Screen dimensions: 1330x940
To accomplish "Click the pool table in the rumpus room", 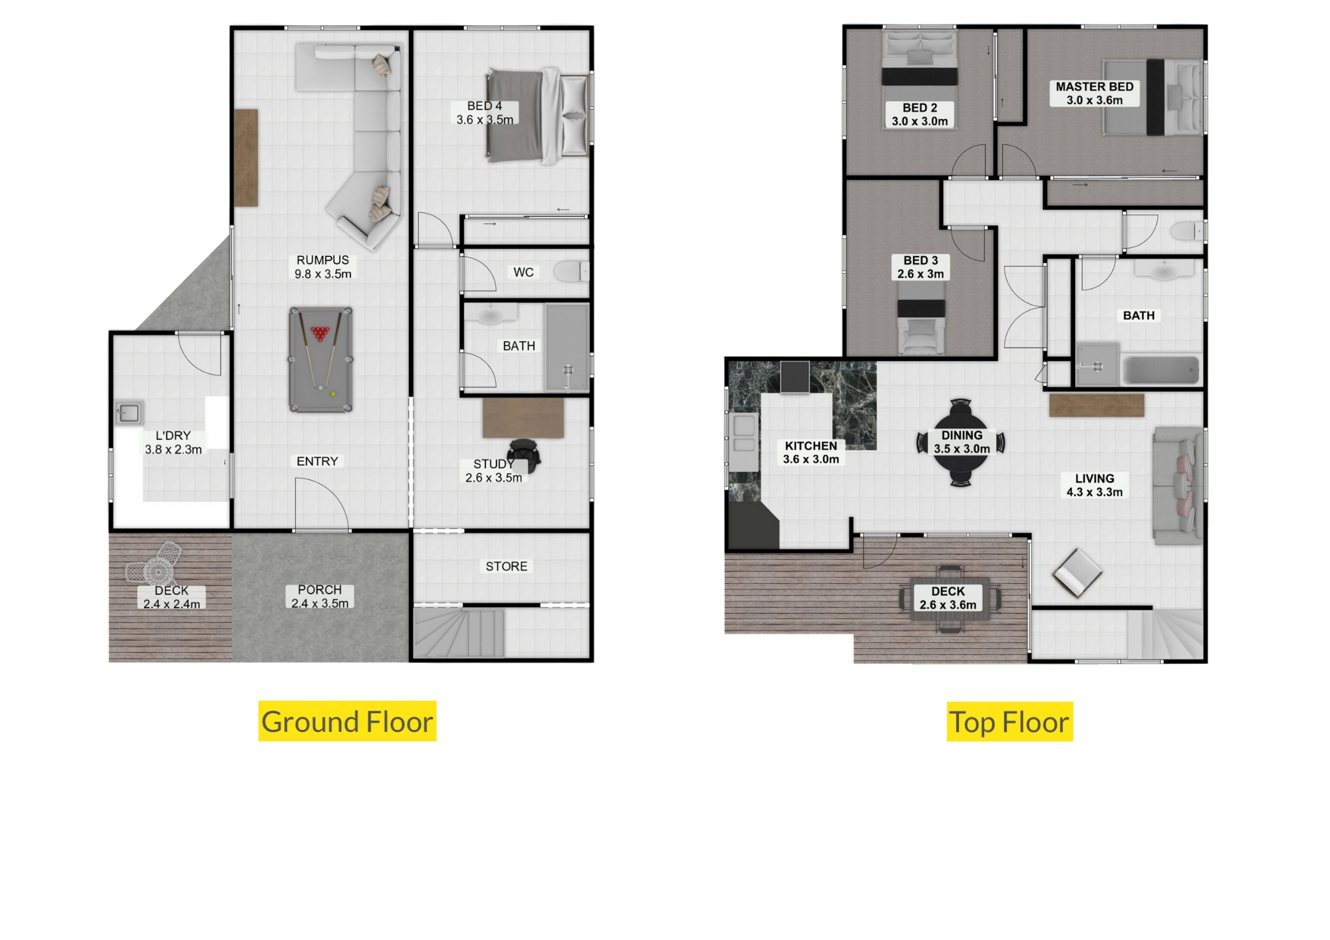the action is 321,360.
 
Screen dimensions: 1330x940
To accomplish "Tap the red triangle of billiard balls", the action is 320,332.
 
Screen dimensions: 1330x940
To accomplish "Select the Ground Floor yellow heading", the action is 347,721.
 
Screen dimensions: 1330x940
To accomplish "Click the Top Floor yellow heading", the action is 1009,722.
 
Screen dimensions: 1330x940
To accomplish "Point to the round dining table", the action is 961,442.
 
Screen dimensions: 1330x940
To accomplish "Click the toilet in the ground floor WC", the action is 571,272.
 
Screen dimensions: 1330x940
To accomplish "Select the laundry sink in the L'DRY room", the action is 128,413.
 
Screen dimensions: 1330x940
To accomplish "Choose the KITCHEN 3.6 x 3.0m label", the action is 811,452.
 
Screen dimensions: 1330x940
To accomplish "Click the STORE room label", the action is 506,566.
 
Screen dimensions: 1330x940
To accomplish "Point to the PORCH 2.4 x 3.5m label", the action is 320,596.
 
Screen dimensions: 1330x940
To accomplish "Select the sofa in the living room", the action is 1178,486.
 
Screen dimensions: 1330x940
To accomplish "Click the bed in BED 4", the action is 537,115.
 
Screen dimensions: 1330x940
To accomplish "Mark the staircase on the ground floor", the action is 459,633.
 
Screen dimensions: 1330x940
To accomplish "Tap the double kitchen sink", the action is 744,435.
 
